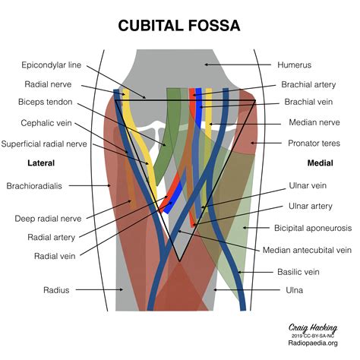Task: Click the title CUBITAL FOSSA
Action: coord(179,26)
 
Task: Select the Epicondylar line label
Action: coord(52,65)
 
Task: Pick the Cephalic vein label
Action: coord(47,122)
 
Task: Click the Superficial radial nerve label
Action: coord(44,143)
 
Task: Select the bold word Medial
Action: coord(320,163)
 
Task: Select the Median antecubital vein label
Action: coord(307,249)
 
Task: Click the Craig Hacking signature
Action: coord(311,327)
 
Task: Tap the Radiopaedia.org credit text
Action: coord(312,343)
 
